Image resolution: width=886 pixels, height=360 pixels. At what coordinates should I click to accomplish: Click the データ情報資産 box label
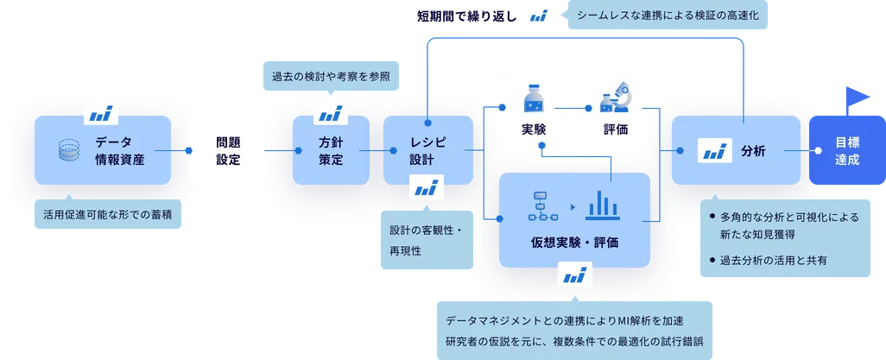coord(120,150)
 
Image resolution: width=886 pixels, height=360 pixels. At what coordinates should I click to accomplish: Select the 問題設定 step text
coord(228,150)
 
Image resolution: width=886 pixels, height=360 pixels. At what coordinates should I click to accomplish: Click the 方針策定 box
coord(331,150)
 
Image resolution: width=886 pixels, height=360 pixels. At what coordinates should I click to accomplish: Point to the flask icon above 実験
coord(532,98)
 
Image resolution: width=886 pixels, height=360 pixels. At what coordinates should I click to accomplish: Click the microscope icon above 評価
coord(616,97)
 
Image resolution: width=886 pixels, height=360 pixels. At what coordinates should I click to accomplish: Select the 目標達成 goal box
coord(846,151)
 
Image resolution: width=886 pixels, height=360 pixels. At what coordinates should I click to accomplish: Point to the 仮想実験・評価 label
coord(575,242)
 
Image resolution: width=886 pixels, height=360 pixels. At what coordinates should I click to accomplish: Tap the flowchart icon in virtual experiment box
coord(544,205)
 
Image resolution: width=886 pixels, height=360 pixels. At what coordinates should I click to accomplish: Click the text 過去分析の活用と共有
coord(775,260)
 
